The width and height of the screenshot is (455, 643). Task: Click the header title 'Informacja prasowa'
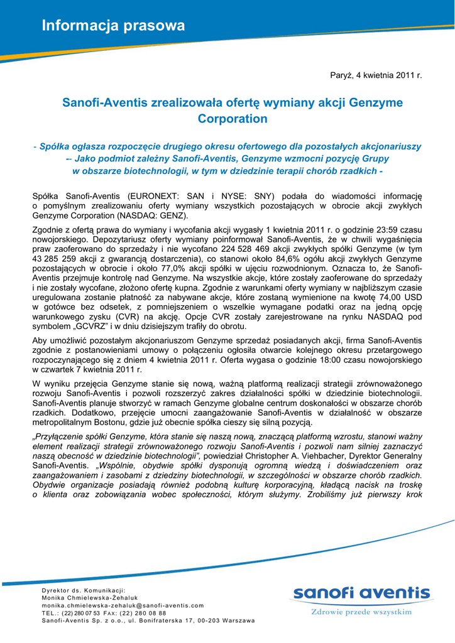pyautogui.click(x=113, y=26)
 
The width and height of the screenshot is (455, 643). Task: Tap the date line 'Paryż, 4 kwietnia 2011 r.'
pyautogui.click(x=376, y=75)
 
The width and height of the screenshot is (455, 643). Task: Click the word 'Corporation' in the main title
pyautogui.click(x=233, y=119)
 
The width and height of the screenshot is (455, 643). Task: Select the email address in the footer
pyautogui.click(x=123, y=605)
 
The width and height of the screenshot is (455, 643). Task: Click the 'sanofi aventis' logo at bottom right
pyautogui.click(x=361, y=593)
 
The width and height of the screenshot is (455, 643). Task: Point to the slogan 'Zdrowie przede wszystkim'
pyautogui.click(x=361, y=611)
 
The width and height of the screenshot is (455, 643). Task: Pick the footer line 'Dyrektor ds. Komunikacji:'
pyautogui.click(x=84, y=590)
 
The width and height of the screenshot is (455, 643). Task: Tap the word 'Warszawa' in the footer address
pyautogui.click(x=237, y=620)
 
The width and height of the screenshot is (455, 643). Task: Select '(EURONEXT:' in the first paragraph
pyautogui.click(x=153, y=196)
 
